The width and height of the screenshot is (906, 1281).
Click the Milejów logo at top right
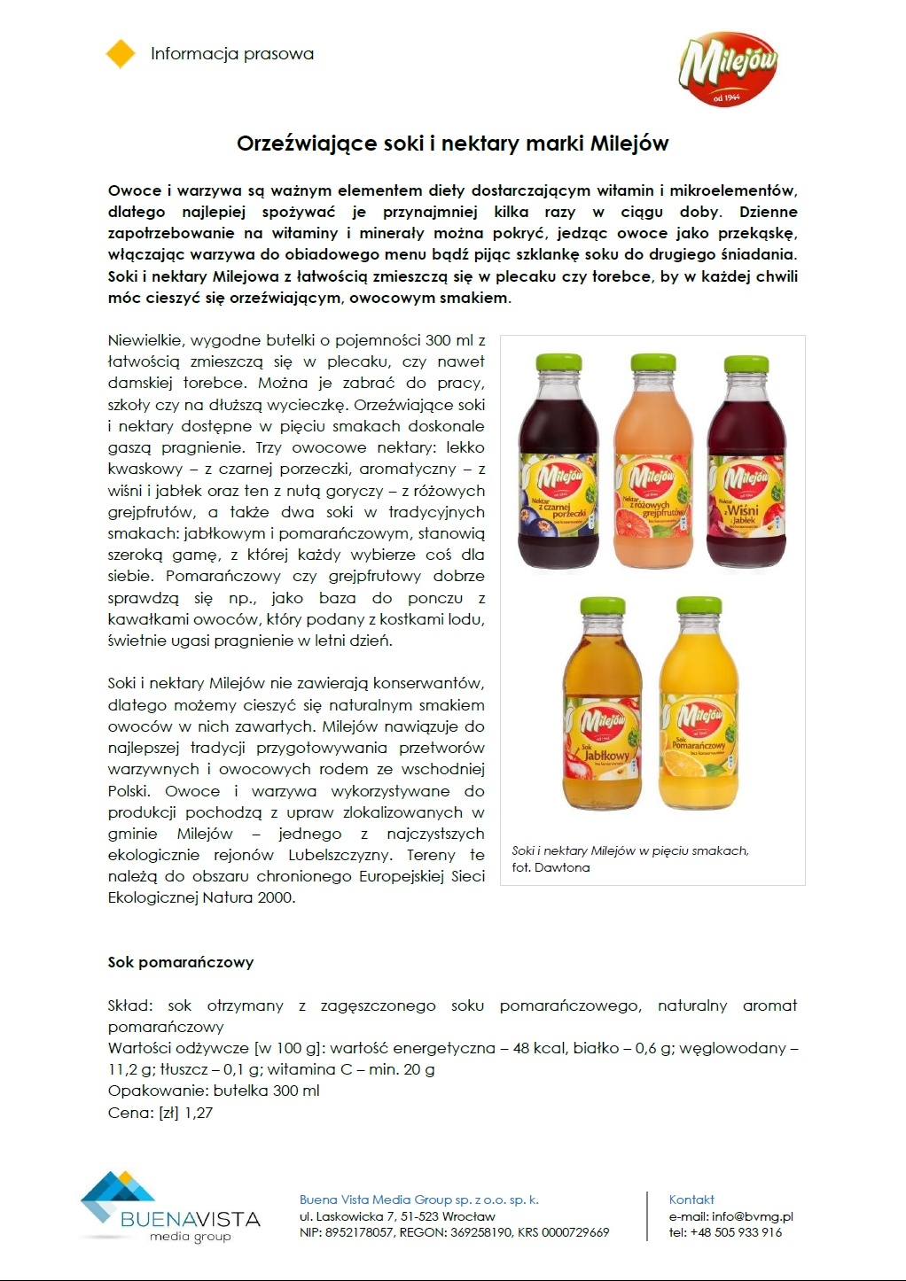click(728, 69)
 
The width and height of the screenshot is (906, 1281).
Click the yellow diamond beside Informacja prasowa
click(121, 54)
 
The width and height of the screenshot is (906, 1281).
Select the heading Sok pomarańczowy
click(181, 962)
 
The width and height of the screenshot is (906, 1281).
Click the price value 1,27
click(199, 1113)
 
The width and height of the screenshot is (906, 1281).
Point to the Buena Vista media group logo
click(169, 1207)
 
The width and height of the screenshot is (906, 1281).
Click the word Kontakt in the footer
click(691, 1199)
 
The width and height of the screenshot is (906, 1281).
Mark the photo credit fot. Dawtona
click(551, 867)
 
